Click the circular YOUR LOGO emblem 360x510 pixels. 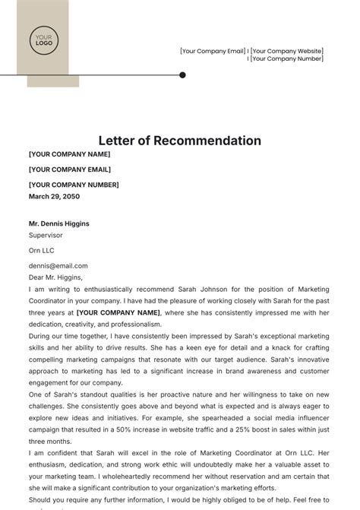[43, 40]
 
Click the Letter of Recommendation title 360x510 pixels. [180, 141]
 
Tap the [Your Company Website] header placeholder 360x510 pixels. [287, 51]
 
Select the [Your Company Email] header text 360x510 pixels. [212, 51]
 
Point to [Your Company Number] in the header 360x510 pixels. [287, 59]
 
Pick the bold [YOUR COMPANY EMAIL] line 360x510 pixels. [70, 169]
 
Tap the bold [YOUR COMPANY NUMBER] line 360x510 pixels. [74, 185]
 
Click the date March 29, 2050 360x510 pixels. [54, 196]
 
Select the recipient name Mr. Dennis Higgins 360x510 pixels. [59, 223]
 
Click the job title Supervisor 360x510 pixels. [46, 236]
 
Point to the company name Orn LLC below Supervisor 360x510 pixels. [42, 250]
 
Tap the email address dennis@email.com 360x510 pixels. [58, 266]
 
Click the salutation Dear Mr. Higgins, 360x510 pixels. [55, 277]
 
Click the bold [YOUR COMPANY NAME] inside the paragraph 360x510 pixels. [118, 312]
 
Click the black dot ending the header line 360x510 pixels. [182, 75]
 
